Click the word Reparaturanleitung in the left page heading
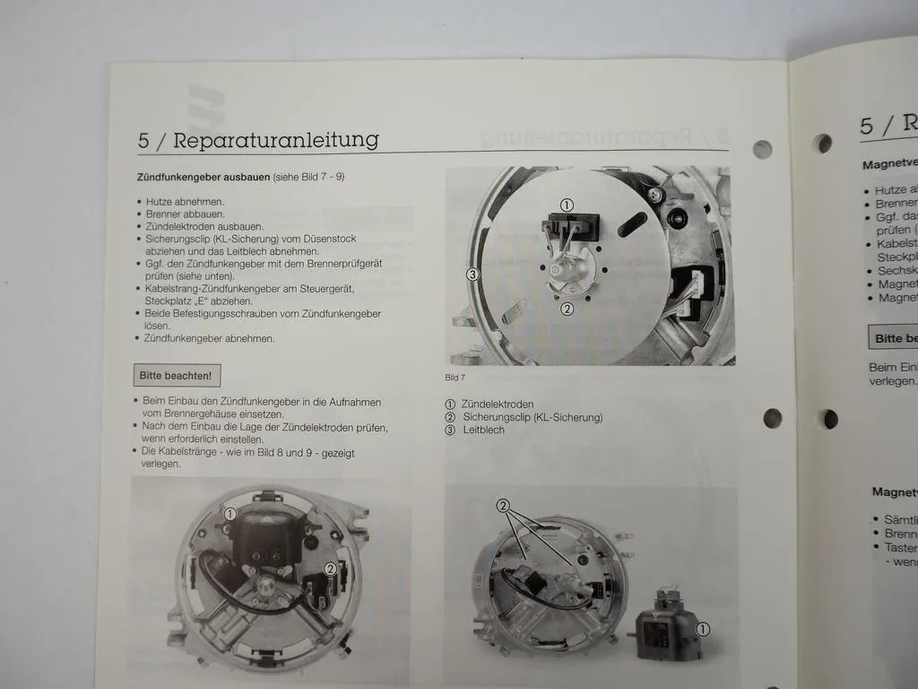[275, 141]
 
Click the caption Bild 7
[455, 377]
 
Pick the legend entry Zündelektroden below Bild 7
[498, 405]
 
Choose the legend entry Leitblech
[483, 430]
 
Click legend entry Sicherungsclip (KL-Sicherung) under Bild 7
[532, 417]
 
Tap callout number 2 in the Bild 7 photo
[567, 310]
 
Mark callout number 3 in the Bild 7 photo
[472, 275]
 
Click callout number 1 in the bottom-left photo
[230, 514]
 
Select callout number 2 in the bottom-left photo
[330, 568]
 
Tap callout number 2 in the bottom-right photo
[504, 506]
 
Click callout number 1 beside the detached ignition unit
[703, 630]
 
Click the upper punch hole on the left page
[762, 149]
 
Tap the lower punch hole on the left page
[772, 418]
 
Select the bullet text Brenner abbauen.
[186, 214]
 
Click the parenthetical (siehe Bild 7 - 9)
[309, 178]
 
